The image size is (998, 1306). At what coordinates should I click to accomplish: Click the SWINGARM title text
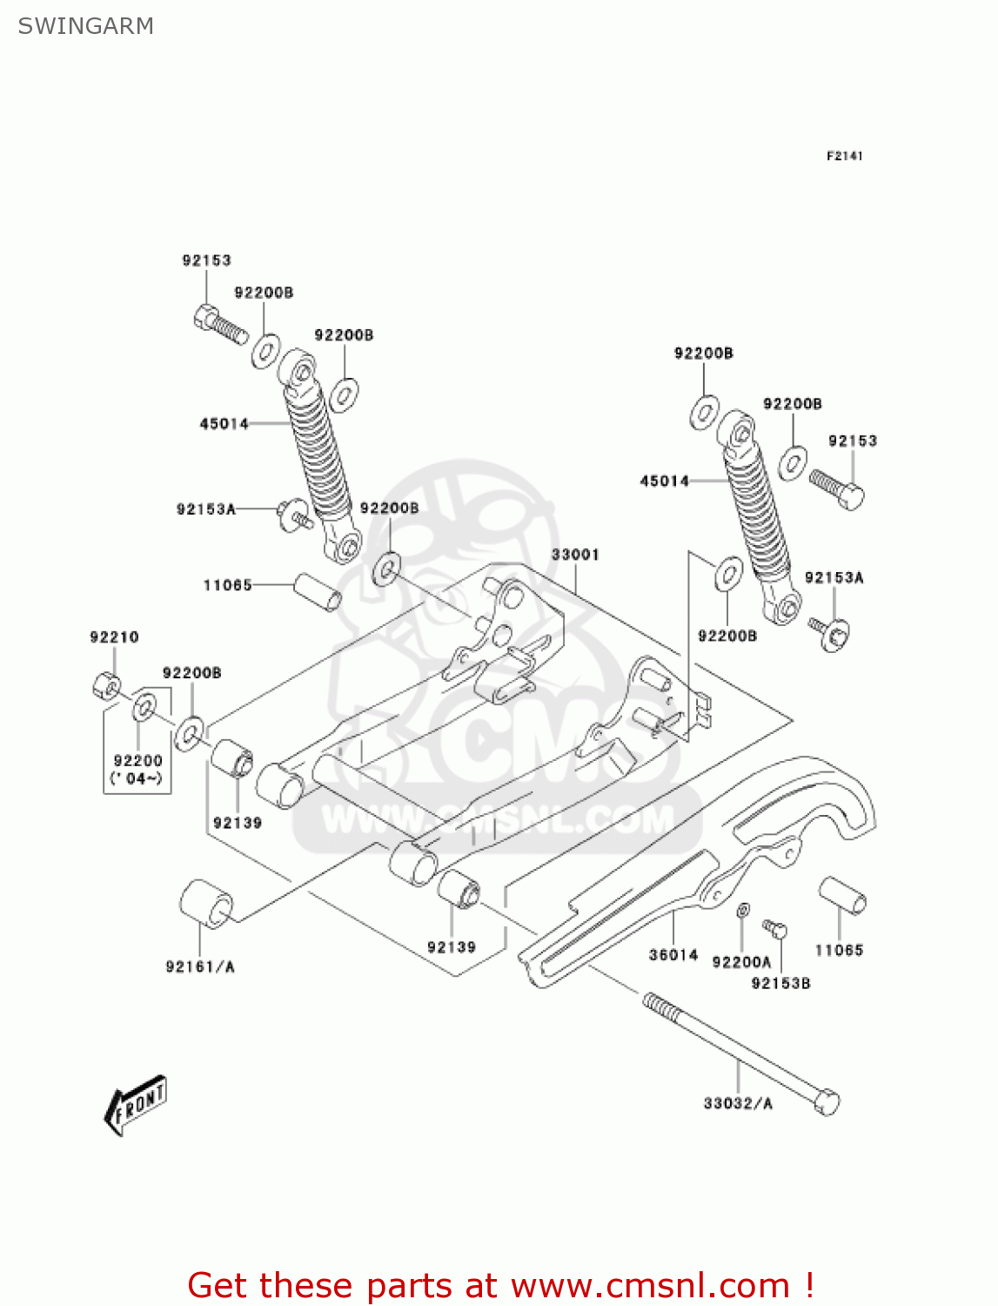[x=85, y=26]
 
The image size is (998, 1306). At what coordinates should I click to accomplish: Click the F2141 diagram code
[x=844, y=156]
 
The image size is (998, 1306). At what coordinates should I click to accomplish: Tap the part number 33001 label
[x=575, y=555]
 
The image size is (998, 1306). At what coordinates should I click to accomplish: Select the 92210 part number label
[x=114, y=637]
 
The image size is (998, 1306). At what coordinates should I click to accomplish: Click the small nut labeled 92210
[x=105, y=685]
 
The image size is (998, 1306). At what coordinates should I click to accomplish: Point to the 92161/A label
[x=200, y=966]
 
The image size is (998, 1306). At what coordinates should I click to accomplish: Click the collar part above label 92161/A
[x=206, y=901]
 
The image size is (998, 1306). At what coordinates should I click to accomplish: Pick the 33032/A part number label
[x=738, y=1103]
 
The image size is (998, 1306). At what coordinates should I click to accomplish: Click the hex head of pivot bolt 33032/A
[x=827, y=1102]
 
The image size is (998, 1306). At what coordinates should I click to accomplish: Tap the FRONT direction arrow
[x=136, y=1105]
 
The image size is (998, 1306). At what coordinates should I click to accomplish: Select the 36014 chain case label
[x=673, y=954]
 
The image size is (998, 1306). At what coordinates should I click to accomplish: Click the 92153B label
[x=780, y=983]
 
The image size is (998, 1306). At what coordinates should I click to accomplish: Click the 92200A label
[x=741, y=961]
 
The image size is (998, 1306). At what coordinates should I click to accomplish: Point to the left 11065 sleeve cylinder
[x=318, y=592]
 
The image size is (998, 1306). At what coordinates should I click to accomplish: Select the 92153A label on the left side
[x=206, y=508]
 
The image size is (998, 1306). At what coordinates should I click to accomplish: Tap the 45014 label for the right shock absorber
[x=665, y=481]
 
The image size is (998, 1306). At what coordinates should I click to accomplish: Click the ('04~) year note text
[x=137, y=778]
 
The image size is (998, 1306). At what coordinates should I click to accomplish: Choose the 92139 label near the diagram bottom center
[x=452, y=947]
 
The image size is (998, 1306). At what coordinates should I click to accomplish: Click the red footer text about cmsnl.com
[x=500, y=1285]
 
